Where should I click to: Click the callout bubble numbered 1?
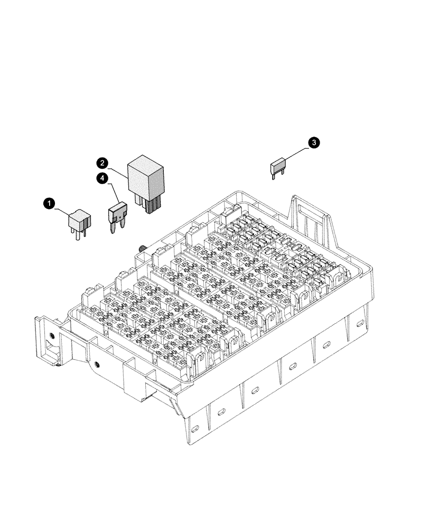(49, 203)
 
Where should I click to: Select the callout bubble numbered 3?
(314, 142)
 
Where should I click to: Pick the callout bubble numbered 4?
(103, 178)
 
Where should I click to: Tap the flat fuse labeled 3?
(278, 168)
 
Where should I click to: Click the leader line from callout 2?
(117, 169)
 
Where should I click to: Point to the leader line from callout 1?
(60, 207)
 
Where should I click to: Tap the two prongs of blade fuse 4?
(117, 228)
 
